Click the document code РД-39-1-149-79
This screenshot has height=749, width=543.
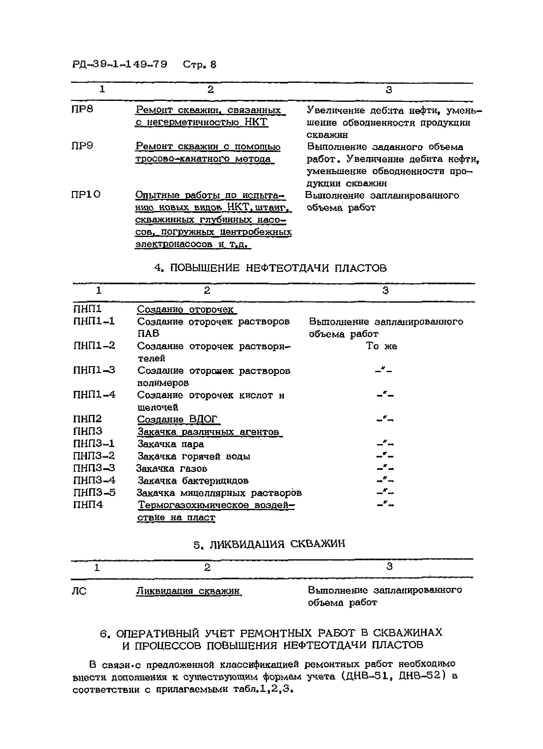pyautogui.click(x=120, y=64)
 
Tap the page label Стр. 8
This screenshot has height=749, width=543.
pyautogui.click(x=200, y=65)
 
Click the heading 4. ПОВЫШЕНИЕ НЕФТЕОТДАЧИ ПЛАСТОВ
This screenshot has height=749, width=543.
pyautogui.click(x=270, y=268)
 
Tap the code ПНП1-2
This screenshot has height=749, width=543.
pyautogui.click(x=94, y=346)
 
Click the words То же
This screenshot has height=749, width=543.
pyautogui.click(x=381, y=346)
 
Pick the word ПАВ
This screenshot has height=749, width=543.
pyautogui.click(x=148, y=333)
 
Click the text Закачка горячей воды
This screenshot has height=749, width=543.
pyautogui.click(x=194, y=457)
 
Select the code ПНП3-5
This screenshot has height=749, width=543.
pyautogui.click(x=95, y=493)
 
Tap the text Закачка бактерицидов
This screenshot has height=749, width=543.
pyautogui.click(x=193, y=481)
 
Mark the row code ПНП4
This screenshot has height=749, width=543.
pyautogui.click(x=88, y=505)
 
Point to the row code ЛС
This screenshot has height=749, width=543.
pyautogui.click(x=79, y=591)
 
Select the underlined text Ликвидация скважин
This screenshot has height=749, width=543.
pyautogui.click(x=188, y=590)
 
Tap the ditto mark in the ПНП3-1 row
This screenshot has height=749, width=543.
pyautogui.click(x=385, y=444)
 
